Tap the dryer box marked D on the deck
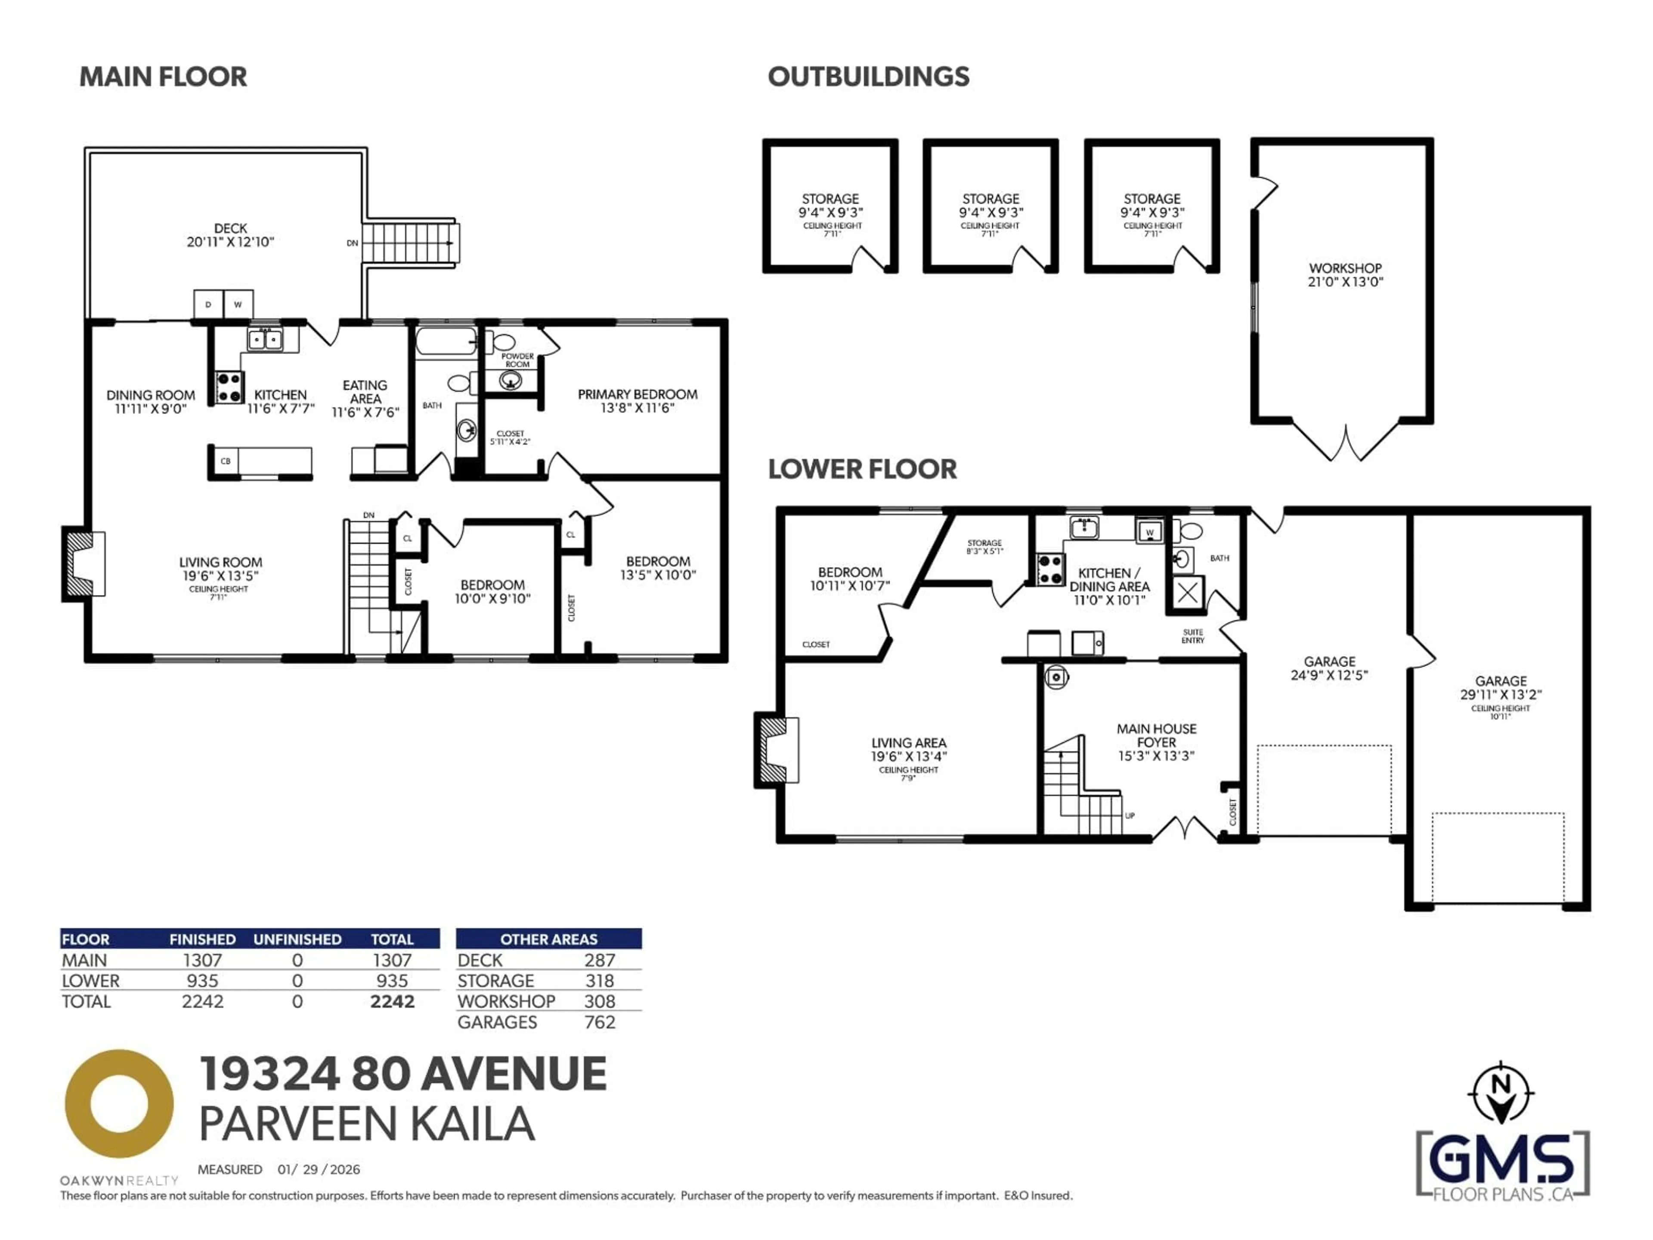coord(208,304)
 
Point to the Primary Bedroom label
coord(638,400)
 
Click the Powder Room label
coord(517,360)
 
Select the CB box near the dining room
coord(226,461)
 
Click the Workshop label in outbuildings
coord(1345,274)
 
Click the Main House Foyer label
coord(1156,741)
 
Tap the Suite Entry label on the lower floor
coord(1193,636)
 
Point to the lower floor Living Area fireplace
coord(775,750)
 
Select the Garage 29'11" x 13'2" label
coord(1501,688)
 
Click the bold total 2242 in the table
coord(392,1001)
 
